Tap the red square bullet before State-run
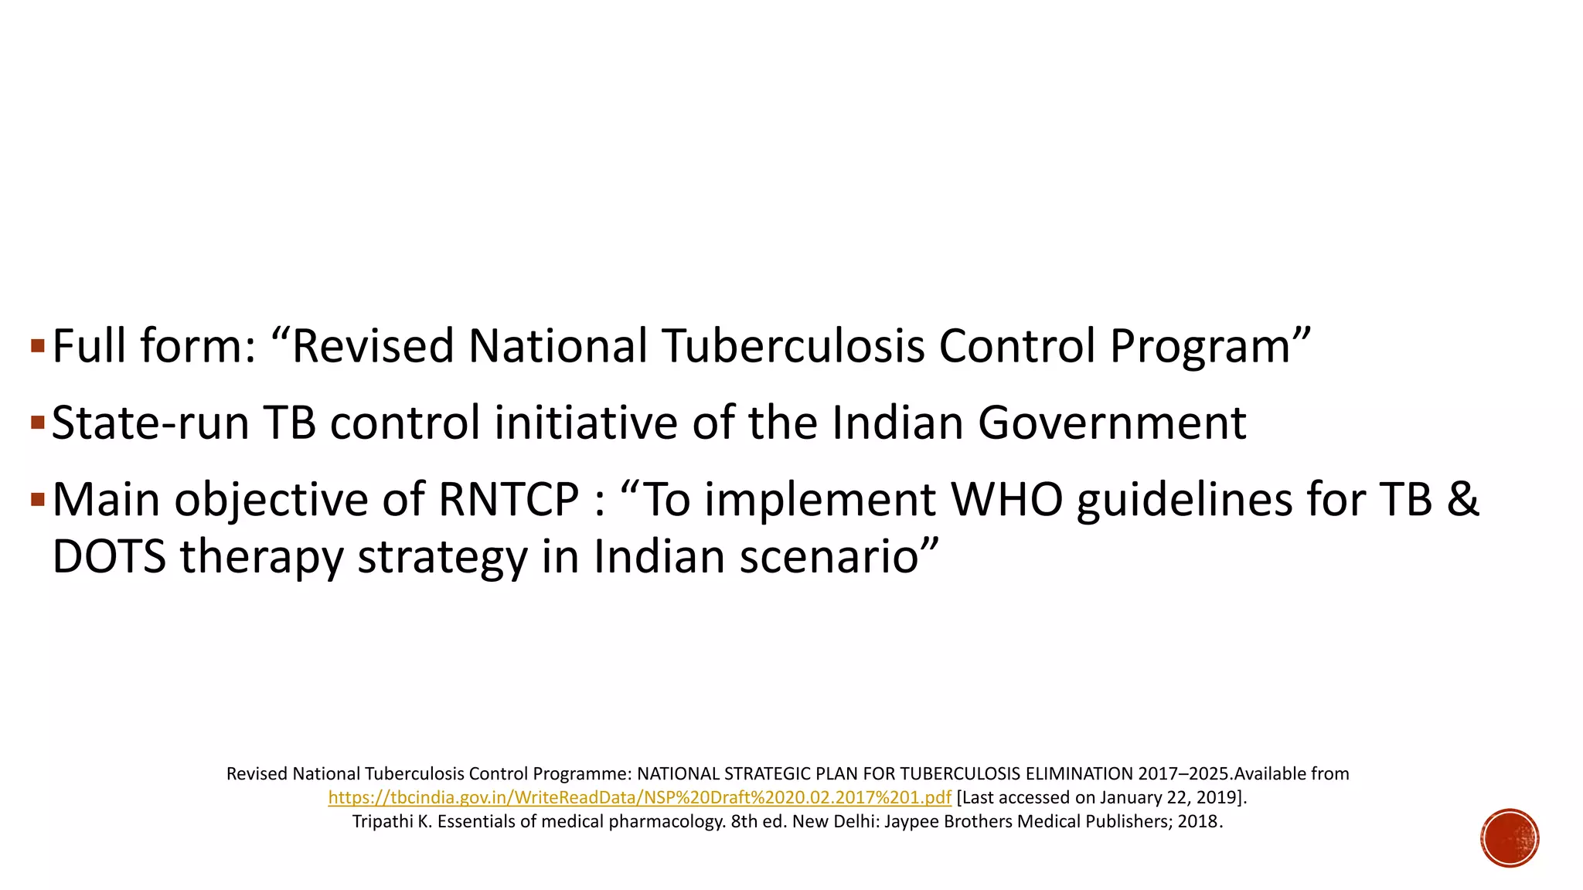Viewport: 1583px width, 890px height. tap(38, 422)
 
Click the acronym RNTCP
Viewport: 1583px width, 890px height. tap(509, 499)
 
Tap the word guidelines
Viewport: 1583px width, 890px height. tap(1184, 499)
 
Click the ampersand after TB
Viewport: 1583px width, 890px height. tap(1462, 499)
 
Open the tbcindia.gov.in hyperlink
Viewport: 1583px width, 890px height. tap(639, 797)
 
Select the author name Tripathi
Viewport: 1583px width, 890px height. tap(383, 821)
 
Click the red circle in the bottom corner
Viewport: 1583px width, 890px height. tap(1510, 837)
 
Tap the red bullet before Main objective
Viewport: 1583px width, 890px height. tap(38, 499)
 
